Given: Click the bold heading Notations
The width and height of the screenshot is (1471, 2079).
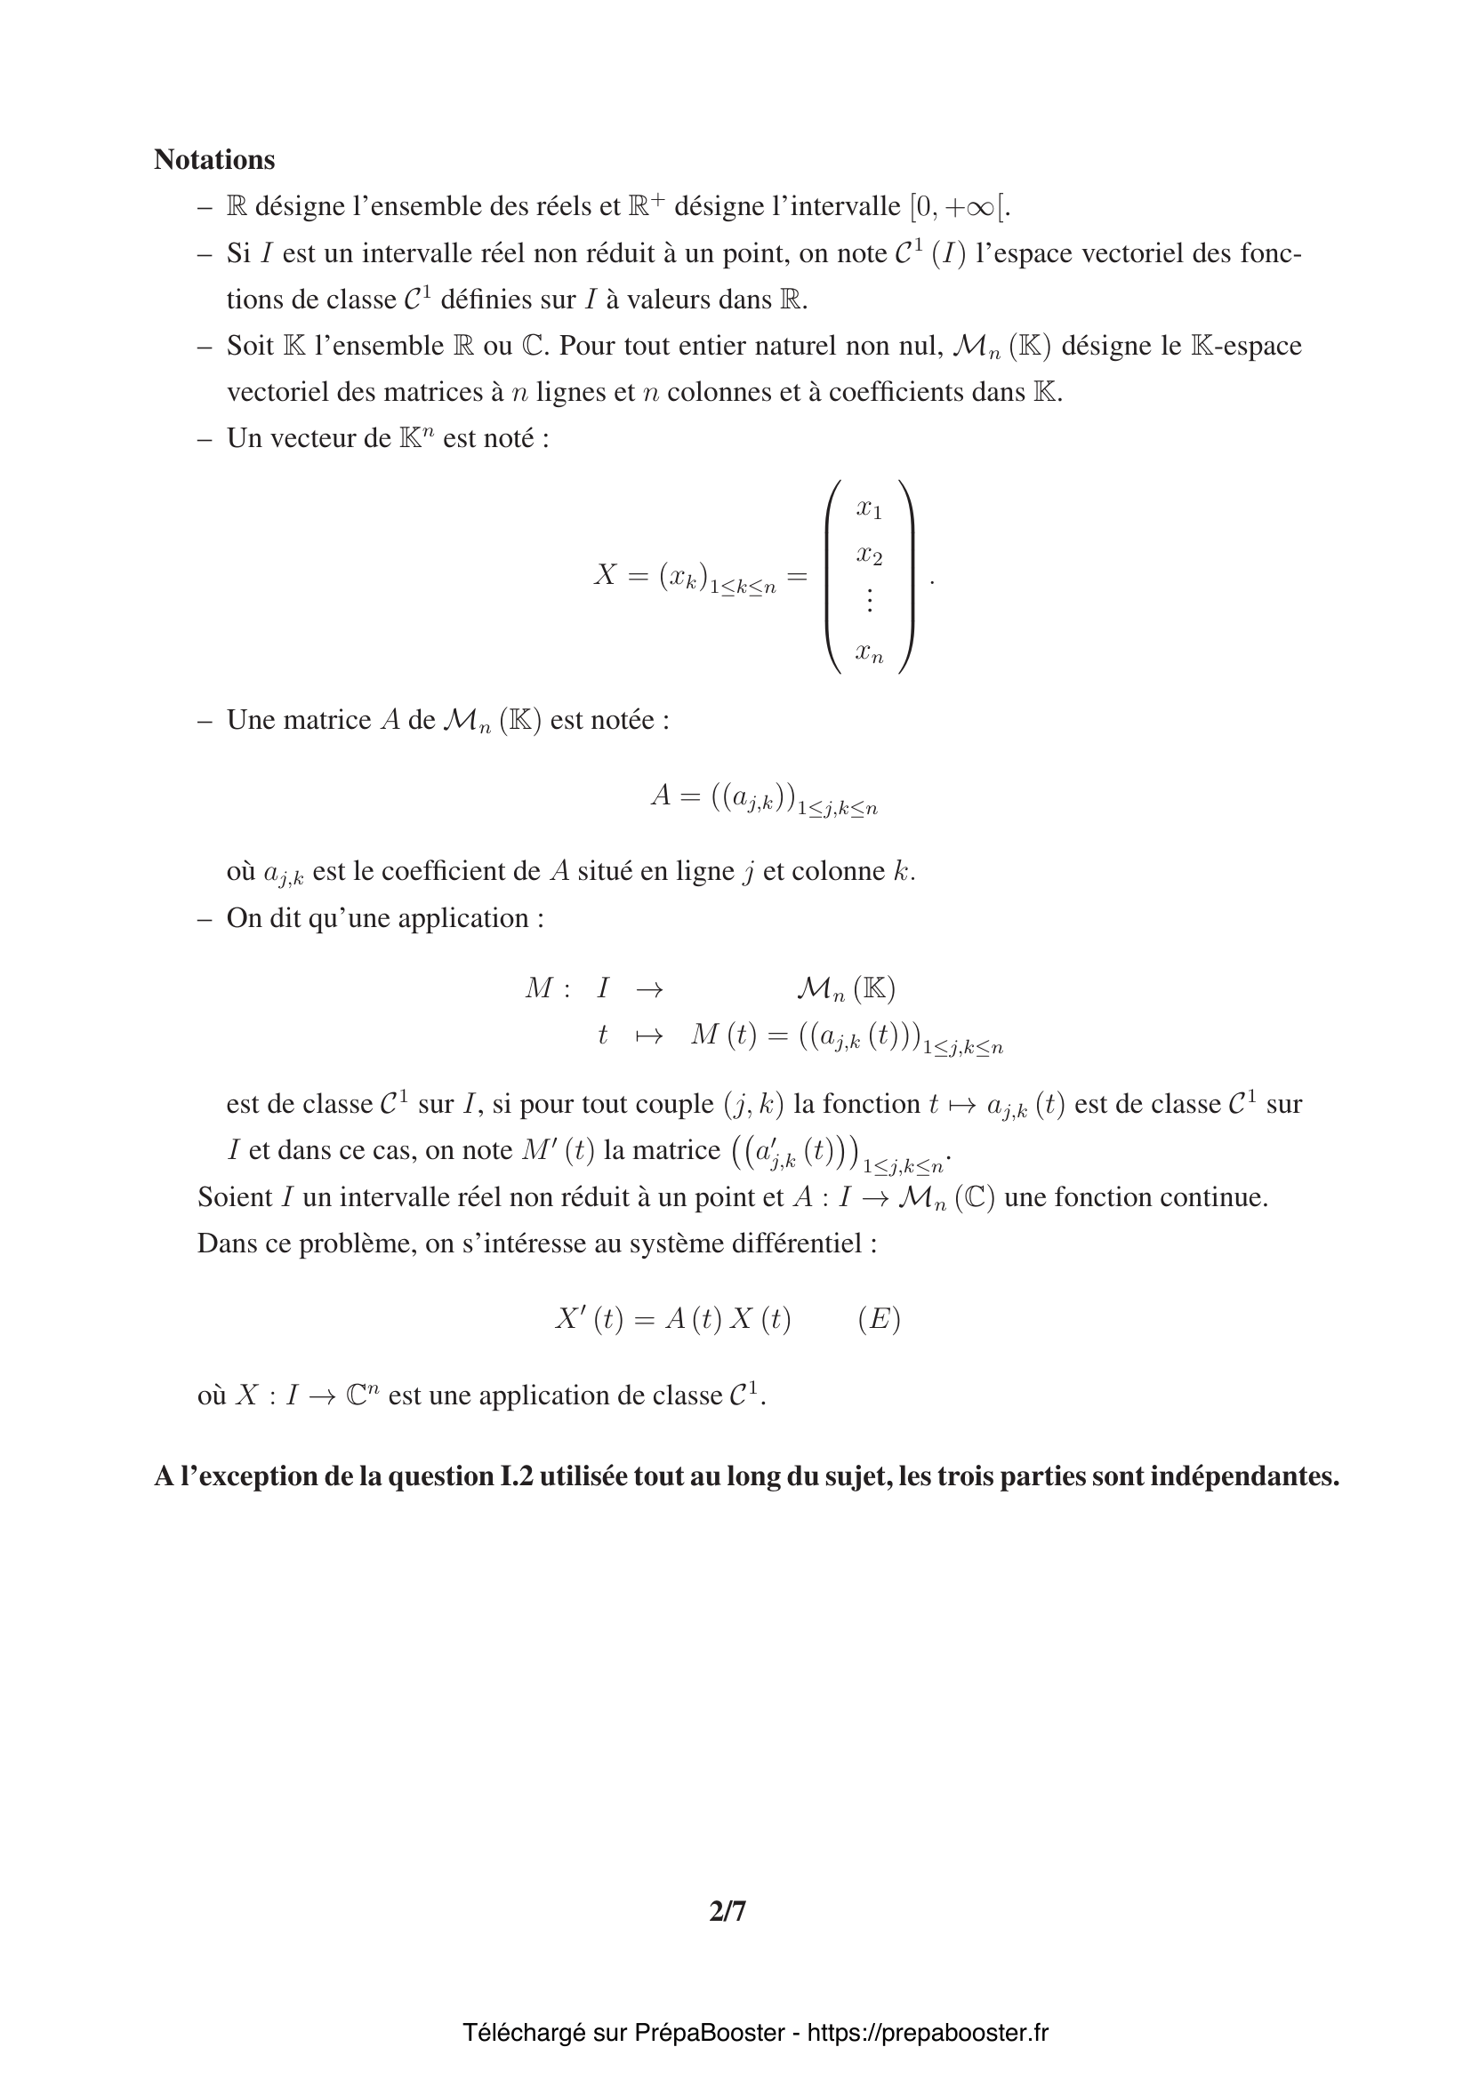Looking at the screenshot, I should [213, 159].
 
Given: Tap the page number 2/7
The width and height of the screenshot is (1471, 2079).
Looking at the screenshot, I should [727, 1911].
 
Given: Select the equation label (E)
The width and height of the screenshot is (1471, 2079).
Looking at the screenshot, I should [879, 1319].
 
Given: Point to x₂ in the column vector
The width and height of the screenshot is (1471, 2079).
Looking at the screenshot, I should [869, 554].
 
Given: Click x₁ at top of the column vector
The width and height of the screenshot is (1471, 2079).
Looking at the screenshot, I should [869, 509].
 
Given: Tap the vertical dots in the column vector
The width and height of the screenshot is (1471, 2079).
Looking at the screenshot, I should [870, 599].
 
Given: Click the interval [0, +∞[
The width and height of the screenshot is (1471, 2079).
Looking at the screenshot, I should [960, 207].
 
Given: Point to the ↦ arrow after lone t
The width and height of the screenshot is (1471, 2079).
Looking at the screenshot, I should [648, 1036].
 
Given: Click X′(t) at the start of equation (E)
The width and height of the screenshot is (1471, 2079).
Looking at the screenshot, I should [589, 1319].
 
